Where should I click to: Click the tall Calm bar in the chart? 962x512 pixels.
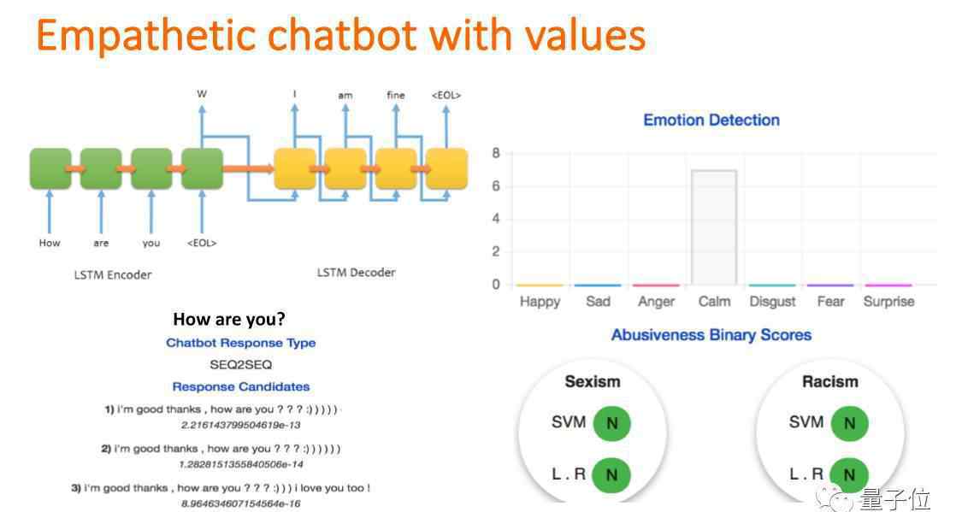coord(713,227)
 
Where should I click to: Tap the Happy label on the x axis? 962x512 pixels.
coord(540,302)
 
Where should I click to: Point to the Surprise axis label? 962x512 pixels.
coord(888,301)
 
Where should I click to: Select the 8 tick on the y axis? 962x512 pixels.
coord(496,153)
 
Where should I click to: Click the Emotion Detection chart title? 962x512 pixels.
coord(711,120)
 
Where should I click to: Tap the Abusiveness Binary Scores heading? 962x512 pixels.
coord(711,335)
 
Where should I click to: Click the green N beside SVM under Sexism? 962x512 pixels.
coord(611,423)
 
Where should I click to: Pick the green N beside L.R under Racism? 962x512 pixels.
coord(849,474)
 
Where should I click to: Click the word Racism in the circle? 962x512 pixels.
coord(830,381)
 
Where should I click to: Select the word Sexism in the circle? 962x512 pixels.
coord(592,381)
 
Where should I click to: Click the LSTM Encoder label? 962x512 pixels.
coord(113,274)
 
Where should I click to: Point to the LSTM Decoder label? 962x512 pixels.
coord(356,273)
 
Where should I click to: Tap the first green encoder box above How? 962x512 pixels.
coord(50,168)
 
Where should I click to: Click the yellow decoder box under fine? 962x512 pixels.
coord(396,168)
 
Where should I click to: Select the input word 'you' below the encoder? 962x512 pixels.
coord(150,244)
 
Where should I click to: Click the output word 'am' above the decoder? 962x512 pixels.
coord(345,95)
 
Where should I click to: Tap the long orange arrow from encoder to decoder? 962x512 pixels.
coord(249,168)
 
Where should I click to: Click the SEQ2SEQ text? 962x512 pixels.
coord(240,365)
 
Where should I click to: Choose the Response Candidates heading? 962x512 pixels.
coord(240,387)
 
